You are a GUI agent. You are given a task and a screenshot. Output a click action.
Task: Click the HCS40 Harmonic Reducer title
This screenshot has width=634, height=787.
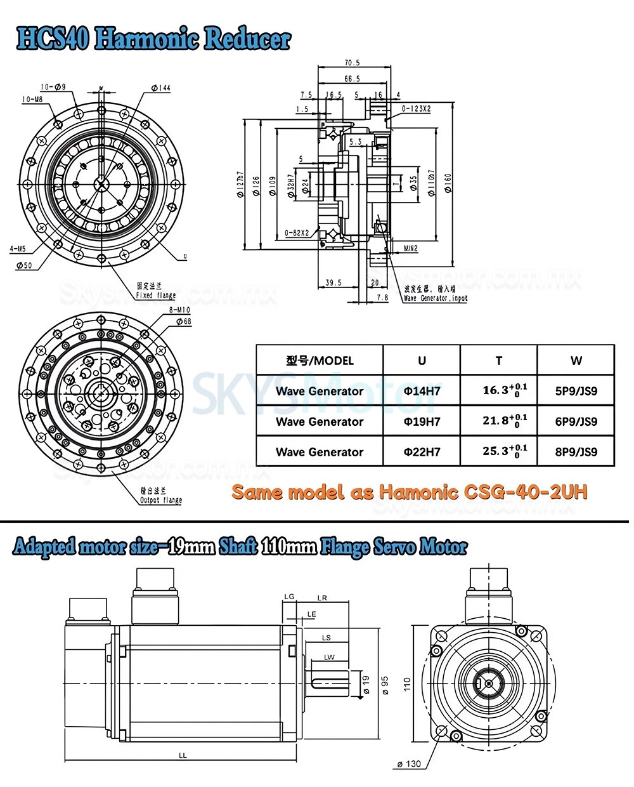tap(153, 39)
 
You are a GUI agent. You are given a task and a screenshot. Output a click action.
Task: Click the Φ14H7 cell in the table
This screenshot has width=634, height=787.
tap(422, 391)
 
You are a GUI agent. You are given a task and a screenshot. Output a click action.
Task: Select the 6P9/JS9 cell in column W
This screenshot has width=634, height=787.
tap(576, 421)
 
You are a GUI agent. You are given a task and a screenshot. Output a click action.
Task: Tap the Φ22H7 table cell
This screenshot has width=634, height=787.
tap(422, 452)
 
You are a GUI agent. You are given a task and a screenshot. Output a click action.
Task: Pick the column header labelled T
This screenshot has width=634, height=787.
tap(498, 360)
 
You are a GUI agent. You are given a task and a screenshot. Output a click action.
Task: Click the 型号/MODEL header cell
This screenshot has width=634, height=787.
tap(320, 360)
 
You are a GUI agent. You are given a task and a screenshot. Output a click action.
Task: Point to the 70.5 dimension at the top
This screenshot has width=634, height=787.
tap(352, 63)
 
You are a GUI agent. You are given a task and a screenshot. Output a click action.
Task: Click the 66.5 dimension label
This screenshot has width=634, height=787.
tap(352, 79)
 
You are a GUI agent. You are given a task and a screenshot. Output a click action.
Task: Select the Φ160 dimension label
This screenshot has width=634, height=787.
tap(448, 184)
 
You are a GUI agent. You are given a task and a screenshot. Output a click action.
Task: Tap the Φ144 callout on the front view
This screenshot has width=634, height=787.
tap(161, 88)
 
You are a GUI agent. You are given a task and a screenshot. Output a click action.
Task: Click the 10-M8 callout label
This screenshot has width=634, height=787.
tap(32, 100)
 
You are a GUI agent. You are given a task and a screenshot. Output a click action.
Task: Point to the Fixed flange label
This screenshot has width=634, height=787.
tap(156, 295)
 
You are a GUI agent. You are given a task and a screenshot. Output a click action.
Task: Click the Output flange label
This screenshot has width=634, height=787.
tap(160, 500)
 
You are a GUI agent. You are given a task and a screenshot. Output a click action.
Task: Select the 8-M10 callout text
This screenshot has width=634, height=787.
tap(180, 310)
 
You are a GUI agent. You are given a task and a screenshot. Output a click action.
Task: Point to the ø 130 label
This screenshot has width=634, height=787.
tap(409, 764)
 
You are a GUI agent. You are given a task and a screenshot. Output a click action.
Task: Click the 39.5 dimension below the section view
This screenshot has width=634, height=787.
tap(333, 282)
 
